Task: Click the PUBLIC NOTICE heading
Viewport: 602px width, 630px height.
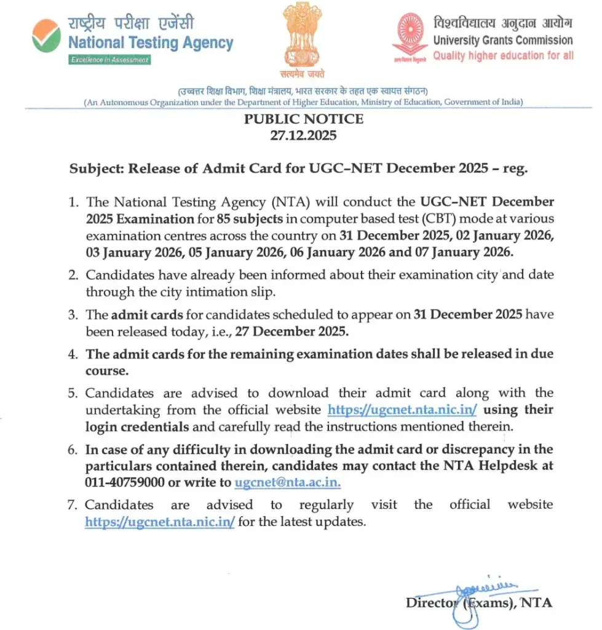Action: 303,119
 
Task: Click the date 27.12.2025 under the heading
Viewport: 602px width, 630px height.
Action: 303,135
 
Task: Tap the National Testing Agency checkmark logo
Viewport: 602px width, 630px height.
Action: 47,36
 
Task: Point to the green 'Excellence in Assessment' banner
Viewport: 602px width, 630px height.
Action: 109,60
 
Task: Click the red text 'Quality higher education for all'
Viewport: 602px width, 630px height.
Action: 503,55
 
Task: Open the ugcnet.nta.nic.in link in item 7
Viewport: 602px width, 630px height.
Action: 160,522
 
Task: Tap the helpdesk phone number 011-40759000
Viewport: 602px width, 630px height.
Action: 125,483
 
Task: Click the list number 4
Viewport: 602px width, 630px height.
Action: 73,355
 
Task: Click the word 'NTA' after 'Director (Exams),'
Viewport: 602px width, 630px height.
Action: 536,603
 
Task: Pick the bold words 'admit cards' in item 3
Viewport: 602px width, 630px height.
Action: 147,315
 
